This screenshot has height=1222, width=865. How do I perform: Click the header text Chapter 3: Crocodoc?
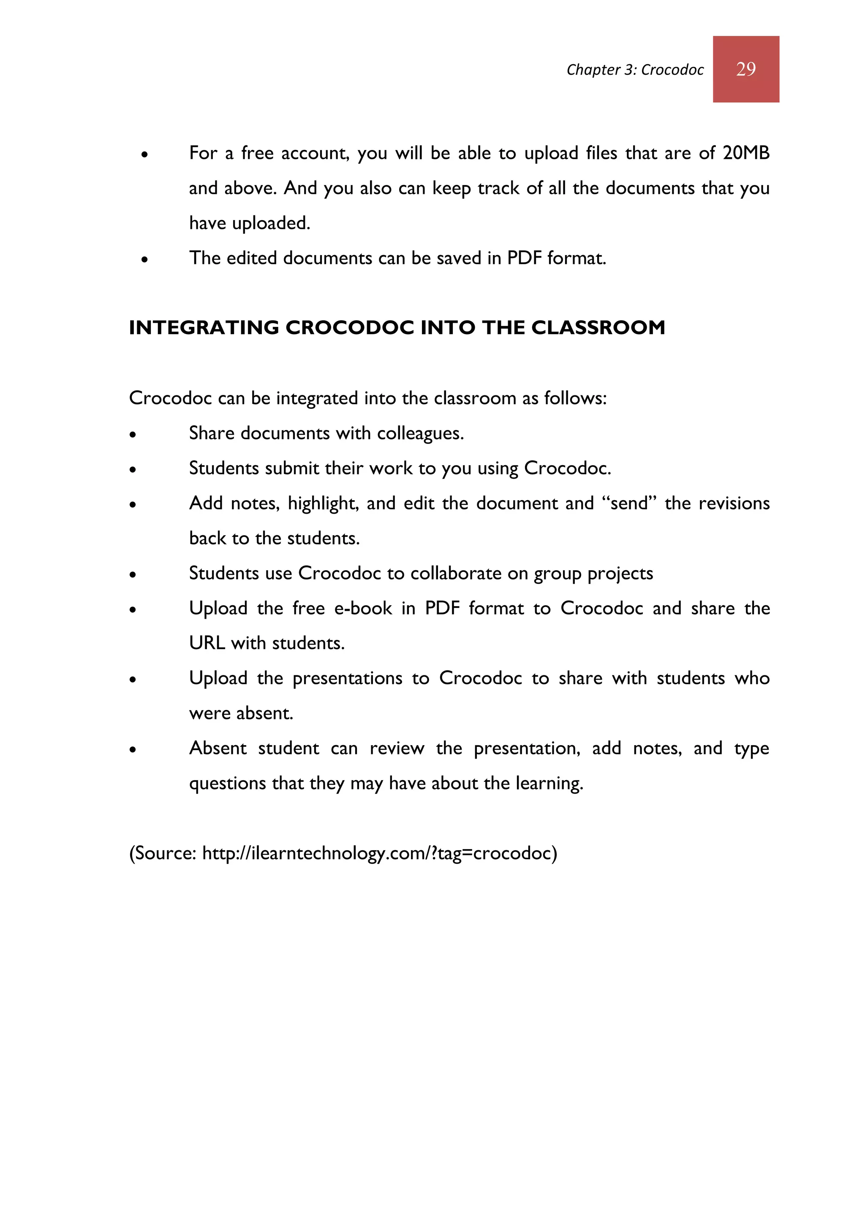634,70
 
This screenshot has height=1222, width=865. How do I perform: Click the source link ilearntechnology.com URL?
379,853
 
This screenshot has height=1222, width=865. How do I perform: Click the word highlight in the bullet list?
323,504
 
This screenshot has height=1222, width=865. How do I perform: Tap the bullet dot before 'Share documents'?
133,435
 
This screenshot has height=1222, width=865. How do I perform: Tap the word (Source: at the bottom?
163,853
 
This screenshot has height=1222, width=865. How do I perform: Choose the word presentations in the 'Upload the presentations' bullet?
347,678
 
